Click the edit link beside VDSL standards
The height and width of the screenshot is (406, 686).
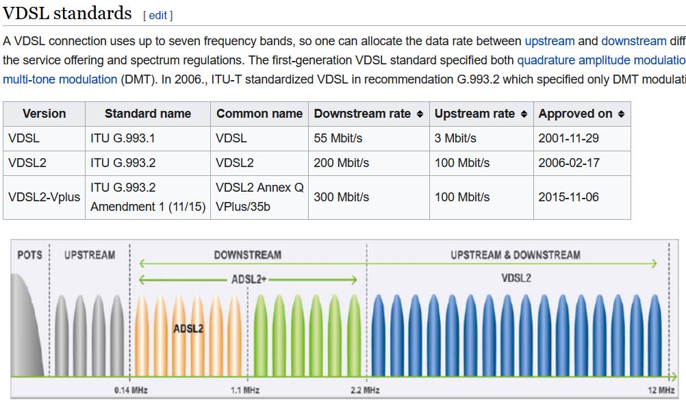click(158, 15)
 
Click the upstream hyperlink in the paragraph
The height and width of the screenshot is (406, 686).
click(550, 41)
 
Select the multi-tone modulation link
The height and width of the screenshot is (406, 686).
click(60, 79)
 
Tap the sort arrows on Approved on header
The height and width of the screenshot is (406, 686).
click(621, 114)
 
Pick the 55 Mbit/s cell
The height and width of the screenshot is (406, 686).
click(338, 138)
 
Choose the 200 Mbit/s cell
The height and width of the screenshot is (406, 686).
click(341, 163)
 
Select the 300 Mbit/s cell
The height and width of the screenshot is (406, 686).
click(341, 197)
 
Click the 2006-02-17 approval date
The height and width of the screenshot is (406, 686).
click(568, 163)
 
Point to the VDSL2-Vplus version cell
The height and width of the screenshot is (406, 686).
click(44, 197)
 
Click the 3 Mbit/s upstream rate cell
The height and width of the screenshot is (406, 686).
click(455, 138)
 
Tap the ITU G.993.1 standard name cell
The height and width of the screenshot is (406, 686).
click(123, 138)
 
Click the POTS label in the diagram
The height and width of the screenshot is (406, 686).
click(29, 255)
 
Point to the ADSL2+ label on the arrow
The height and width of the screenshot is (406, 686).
click(249, 279)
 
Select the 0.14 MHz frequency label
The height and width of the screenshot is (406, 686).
click(131, 390)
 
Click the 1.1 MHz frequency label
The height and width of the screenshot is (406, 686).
click(245, 390)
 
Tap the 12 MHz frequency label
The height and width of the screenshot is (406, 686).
click(661, 390)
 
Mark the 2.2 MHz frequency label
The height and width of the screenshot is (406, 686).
click(365, 390)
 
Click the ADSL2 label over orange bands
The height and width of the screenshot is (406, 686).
click(188, 329)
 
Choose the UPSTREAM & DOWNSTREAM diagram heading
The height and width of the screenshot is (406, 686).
click(516, 255)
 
